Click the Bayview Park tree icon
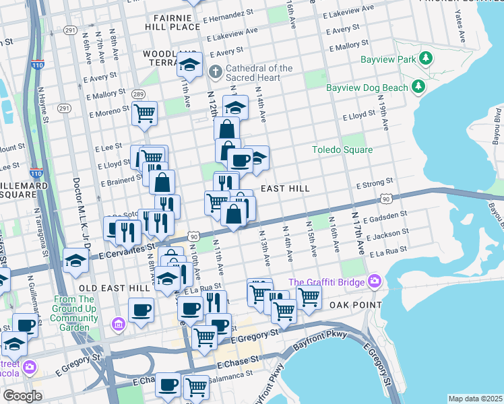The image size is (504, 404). (x=425, y=59)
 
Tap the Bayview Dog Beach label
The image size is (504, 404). (x=367, y=88)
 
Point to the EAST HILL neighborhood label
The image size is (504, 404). (x=285, y=189)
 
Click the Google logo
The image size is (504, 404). (x=22, y=396)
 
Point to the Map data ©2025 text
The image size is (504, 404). (x=475, y=399)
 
